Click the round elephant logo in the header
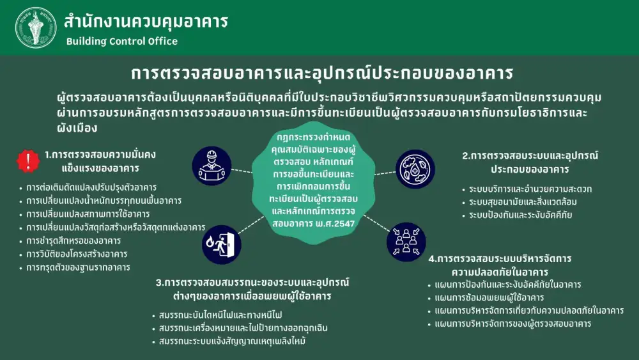click(x=36, y=27)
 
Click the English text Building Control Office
click(x=122, y=41)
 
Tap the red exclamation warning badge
click(x=28, y=160)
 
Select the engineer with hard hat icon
click(x=212, y=166)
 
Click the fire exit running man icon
click(x=222, y=245)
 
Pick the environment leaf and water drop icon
click(x=415, y=169)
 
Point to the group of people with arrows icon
click(x=406, y=242)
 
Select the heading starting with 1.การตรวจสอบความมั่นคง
click(x=100, y=161)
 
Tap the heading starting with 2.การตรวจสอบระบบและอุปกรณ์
click(x=530, y=162)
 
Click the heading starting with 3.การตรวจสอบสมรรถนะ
click(x=252, y=289)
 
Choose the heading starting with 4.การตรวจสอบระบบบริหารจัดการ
click(x=500, y=265)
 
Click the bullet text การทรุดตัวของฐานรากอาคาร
click(x=78, y=267)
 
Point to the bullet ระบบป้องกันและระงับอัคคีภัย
click(x=520, y=215)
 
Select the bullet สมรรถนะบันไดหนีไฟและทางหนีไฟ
click(x=220, y=315)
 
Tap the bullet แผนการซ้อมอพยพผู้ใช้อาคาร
click(x=489, y=297)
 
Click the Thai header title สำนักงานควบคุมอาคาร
click(x=146, y=22)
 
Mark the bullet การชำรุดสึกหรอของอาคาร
click(x=73, y=240)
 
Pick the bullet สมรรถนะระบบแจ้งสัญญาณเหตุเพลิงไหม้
click(x=233, y=341)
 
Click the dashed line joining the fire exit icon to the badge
click(x=251, y=225)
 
